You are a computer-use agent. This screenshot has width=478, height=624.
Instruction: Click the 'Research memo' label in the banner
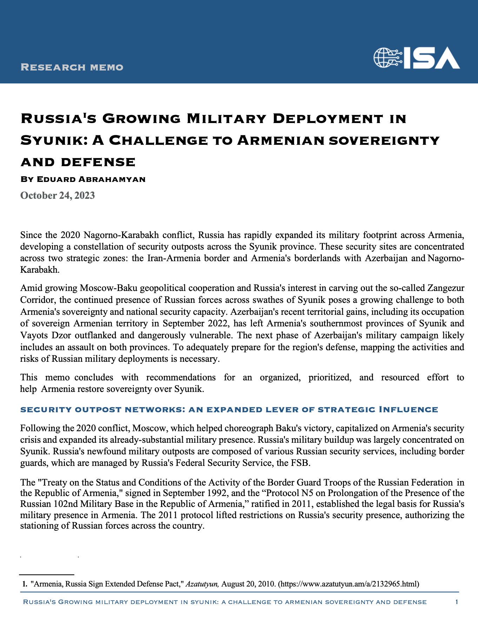click(72, 67)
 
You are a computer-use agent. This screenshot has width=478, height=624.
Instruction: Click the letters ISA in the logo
click(431, 57)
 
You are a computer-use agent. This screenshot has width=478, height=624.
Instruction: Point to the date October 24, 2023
click(58, 195)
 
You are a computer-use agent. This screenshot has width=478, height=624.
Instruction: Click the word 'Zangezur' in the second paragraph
click(445, 288)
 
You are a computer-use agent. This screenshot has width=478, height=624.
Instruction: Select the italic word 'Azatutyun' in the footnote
click(203, 584)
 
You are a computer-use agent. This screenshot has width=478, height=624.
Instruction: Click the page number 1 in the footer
click(457, 602)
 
